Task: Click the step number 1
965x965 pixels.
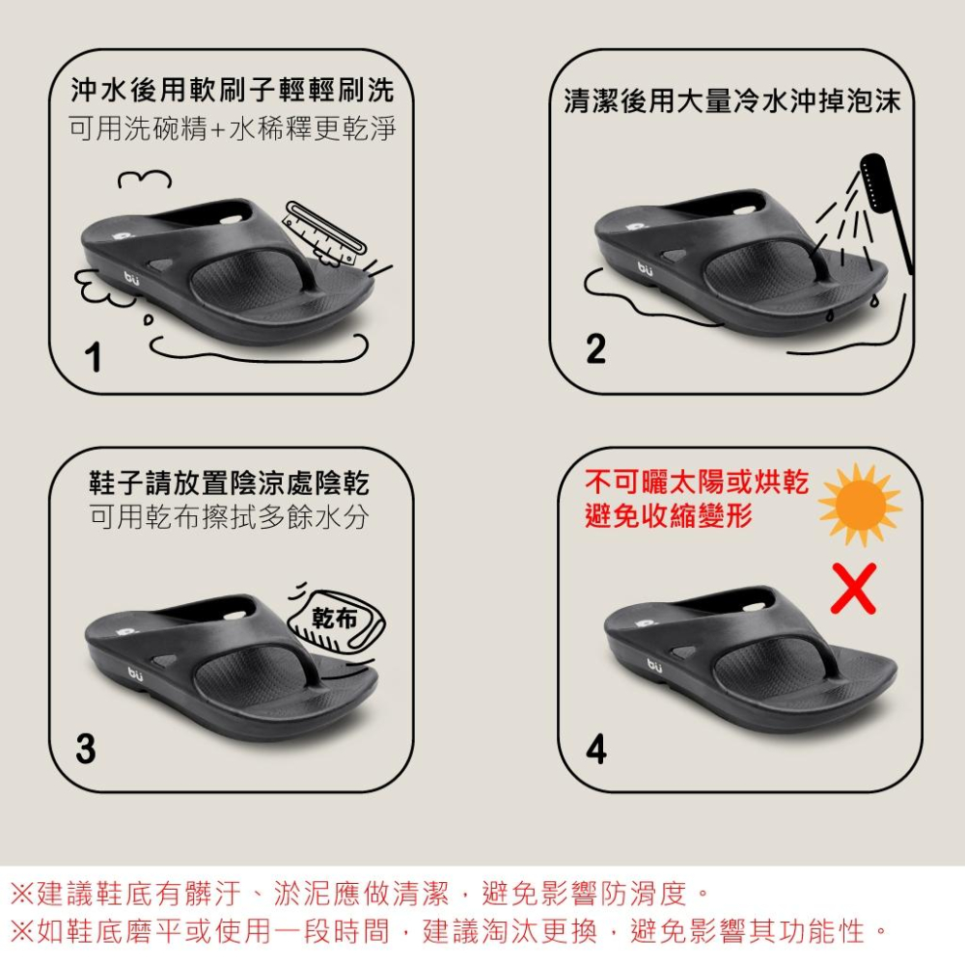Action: [93, 359]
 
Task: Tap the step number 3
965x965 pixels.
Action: [86, 749]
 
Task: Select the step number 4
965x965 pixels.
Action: [596, 749]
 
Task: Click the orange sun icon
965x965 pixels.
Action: [859, 504]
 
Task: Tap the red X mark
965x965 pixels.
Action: [854, 589]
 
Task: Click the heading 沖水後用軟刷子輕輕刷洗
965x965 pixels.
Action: [233, 93]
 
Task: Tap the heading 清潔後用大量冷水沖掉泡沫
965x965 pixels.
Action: [731, 101]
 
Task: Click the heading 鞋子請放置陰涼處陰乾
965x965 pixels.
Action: [229, 482]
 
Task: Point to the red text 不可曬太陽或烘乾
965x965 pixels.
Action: [697, 482]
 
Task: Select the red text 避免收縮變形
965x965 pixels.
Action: [668, 515]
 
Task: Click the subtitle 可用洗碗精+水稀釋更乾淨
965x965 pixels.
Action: [233, 129]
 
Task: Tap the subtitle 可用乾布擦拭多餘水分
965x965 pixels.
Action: [229, 517]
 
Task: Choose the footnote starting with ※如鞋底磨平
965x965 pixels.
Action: [449, 931]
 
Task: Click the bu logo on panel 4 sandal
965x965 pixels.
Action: [656, 664]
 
